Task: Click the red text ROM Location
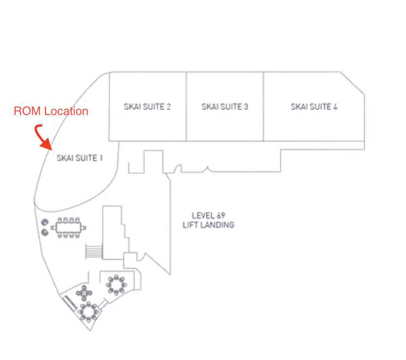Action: click(51, 112)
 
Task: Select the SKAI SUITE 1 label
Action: click(80, 158)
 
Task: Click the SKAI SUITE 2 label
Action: click(147, 107)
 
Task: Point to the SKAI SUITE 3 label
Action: click(225, 107)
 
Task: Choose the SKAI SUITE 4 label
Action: click(314, 107)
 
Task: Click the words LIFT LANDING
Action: click(208, 225)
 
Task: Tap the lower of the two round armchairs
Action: click(45, 231)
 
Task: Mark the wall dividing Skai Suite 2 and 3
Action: click(186, 107)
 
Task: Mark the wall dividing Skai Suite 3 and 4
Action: click(264, 107)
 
